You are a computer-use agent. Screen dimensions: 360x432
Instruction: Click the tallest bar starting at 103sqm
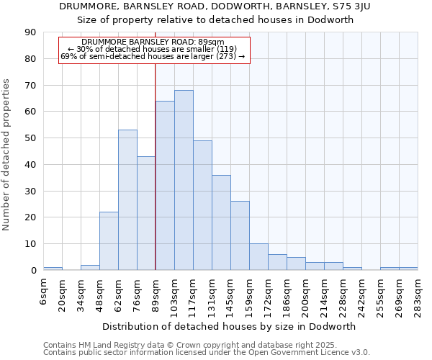pyautogui.click(x=184, y=180)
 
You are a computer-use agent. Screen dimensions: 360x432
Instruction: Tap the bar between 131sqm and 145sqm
pyautogui.click(x=221, y=222)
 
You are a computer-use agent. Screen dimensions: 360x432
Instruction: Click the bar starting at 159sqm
pyautogui.click(x=258, y=257)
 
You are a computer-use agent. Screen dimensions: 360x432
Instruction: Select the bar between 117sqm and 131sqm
pyautogui.click(x=202, y=205)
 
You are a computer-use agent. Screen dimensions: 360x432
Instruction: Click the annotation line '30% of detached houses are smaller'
pyautogui.click(x=157, y=49)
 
